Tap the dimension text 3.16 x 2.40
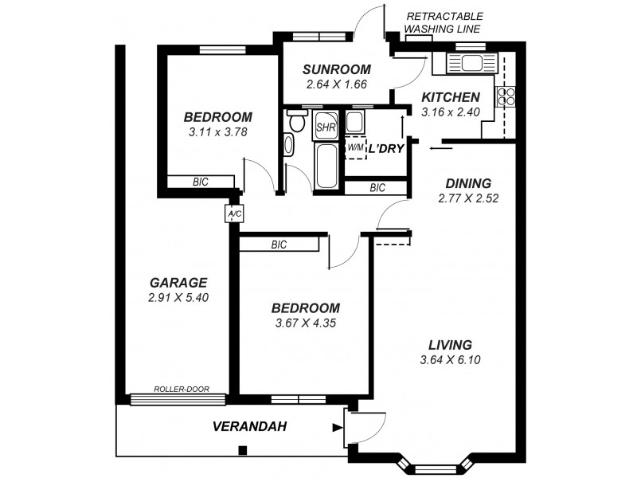[450, 112]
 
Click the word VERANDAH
[249, 427]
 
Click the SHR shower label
[325, 127]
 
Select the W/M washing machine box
[355, 147]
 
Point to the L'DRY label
[386, 148]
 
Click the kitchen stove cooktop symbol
[505, 96]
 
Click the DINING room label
[467, 182]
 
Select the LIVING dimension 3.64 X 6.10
[450, 359]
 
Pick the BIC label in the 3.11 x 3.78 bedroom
[200, 182]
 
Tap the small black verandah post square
[242, 450]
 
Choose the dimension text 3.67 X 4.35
[305, 323]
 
